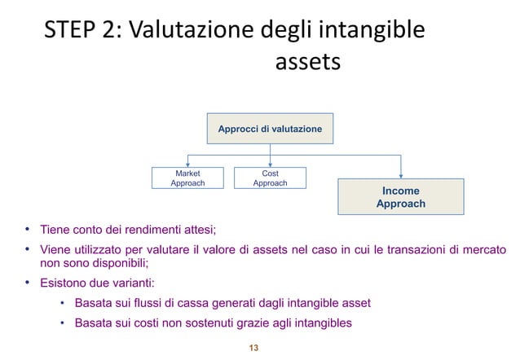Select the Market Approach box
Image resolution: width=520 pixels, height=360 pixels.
click(x=187, y=178)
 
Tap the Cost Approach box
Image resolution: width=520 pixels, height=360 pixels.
click(x=270, y=178)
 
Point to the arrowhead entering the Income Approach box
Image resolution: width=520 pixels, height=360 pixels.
click(x=401, y=174)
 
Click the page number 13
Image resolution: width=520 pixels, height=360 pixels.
click(x=253, y=349)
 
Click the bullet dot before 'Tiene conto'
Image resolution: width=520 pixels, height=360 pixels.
click(x=27, y=229)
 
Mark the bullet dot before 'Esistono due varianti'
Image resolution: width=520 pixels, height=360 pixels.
click(x=27, y=283)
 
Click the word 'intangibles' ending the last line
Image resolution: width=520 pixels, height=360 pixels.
click(x=324, y=323)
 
